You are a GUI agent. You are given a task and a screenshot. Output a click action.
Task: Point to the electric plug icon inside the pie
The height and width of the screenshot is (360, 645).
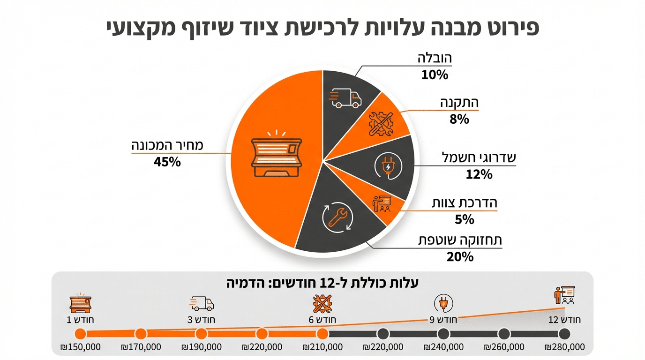(389, 167)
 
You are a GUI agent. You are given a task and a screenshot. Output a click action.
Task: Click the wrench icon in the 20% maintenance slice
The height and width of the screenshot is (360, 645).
(336, 217)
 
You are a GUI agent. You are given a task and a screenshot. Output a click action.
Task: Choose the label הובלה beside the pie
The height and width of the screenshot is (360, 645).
(435, 58)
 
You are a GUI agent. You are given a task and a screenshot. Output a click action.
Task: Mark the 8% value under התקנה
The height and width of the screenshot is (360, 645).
(459, 119)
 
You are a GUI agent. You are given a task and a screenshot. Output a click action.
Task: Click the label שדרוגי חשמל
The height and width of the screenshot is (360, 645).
(479, 157)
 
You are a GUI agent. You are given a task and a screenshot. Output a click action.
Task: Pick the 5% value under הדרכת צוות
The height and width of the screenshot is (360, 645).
(464, 219)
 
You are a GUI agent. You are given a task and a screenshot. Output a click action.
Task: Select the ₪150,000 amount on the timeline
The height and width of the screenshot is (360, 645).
(80, 347)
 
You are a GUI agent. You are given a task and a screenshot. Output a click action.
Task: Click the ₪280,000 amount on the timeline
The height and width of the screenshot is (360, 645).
(564, 347)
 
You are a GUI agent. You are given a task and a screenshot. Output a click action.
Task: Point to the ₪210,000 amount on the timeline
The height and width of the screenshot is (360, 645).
(322, 347)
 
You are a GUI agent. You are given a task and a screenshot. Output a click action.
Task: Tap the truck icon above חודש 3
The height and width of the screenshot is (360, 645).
(202, 303)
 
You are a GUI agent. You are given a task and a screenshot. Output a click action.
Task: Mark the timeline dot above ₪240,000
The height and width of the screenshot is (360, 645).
(443, 334)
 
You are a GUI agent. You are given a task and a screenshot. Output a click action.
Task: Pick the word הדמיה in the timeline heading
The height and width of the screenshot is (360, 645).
(244, 283)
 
